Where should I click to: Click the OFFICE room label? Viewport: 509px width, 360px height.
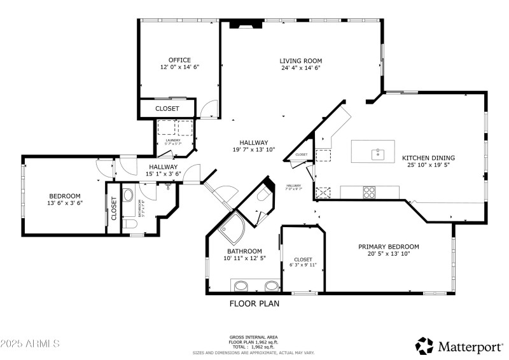[x=179, y=60]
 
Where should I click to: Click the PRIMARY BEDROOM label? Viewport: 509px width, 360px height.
[x=388, y=247]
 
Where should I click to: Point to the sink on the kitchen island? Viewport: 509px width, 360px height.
[x=378, y=153]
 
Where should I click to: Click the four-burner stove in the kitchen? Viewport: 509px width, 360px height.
[x=368, y=191]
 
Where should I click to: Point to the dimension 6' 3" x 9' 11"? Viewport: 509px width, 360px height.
[x=303, y=265]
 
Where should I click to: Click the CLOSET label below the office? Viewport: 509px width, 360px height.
[x=167, y=109]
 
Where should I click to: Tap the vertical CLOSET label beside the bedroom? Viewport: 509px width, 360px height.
[x=114, y=209]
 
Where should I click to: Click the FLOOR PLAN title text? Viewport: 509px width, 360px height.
[x=254, y=304]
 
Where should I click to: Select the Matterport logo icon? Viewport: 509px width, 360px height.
[x=424, y=345]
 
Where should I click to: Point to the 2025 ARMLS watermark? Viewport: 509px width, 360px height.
[x=30, y=343]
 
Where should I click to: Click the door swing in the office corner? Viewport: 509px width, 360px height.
[x=207, y=110]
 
